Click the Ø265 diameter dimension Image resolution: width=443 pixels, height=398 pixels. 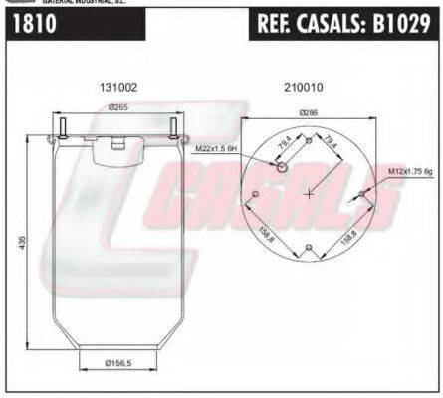[119, 107]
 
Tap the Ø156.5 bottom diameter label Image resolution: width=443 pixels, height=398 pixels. [120, 364]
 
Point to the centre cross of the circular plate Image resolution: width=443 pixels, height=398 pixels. [310, 193]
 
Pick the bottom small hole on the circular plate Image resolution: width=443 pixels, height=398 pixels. [310, 248]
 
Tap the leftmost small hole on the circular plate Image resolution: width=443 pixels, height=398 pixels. [255, 193]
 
